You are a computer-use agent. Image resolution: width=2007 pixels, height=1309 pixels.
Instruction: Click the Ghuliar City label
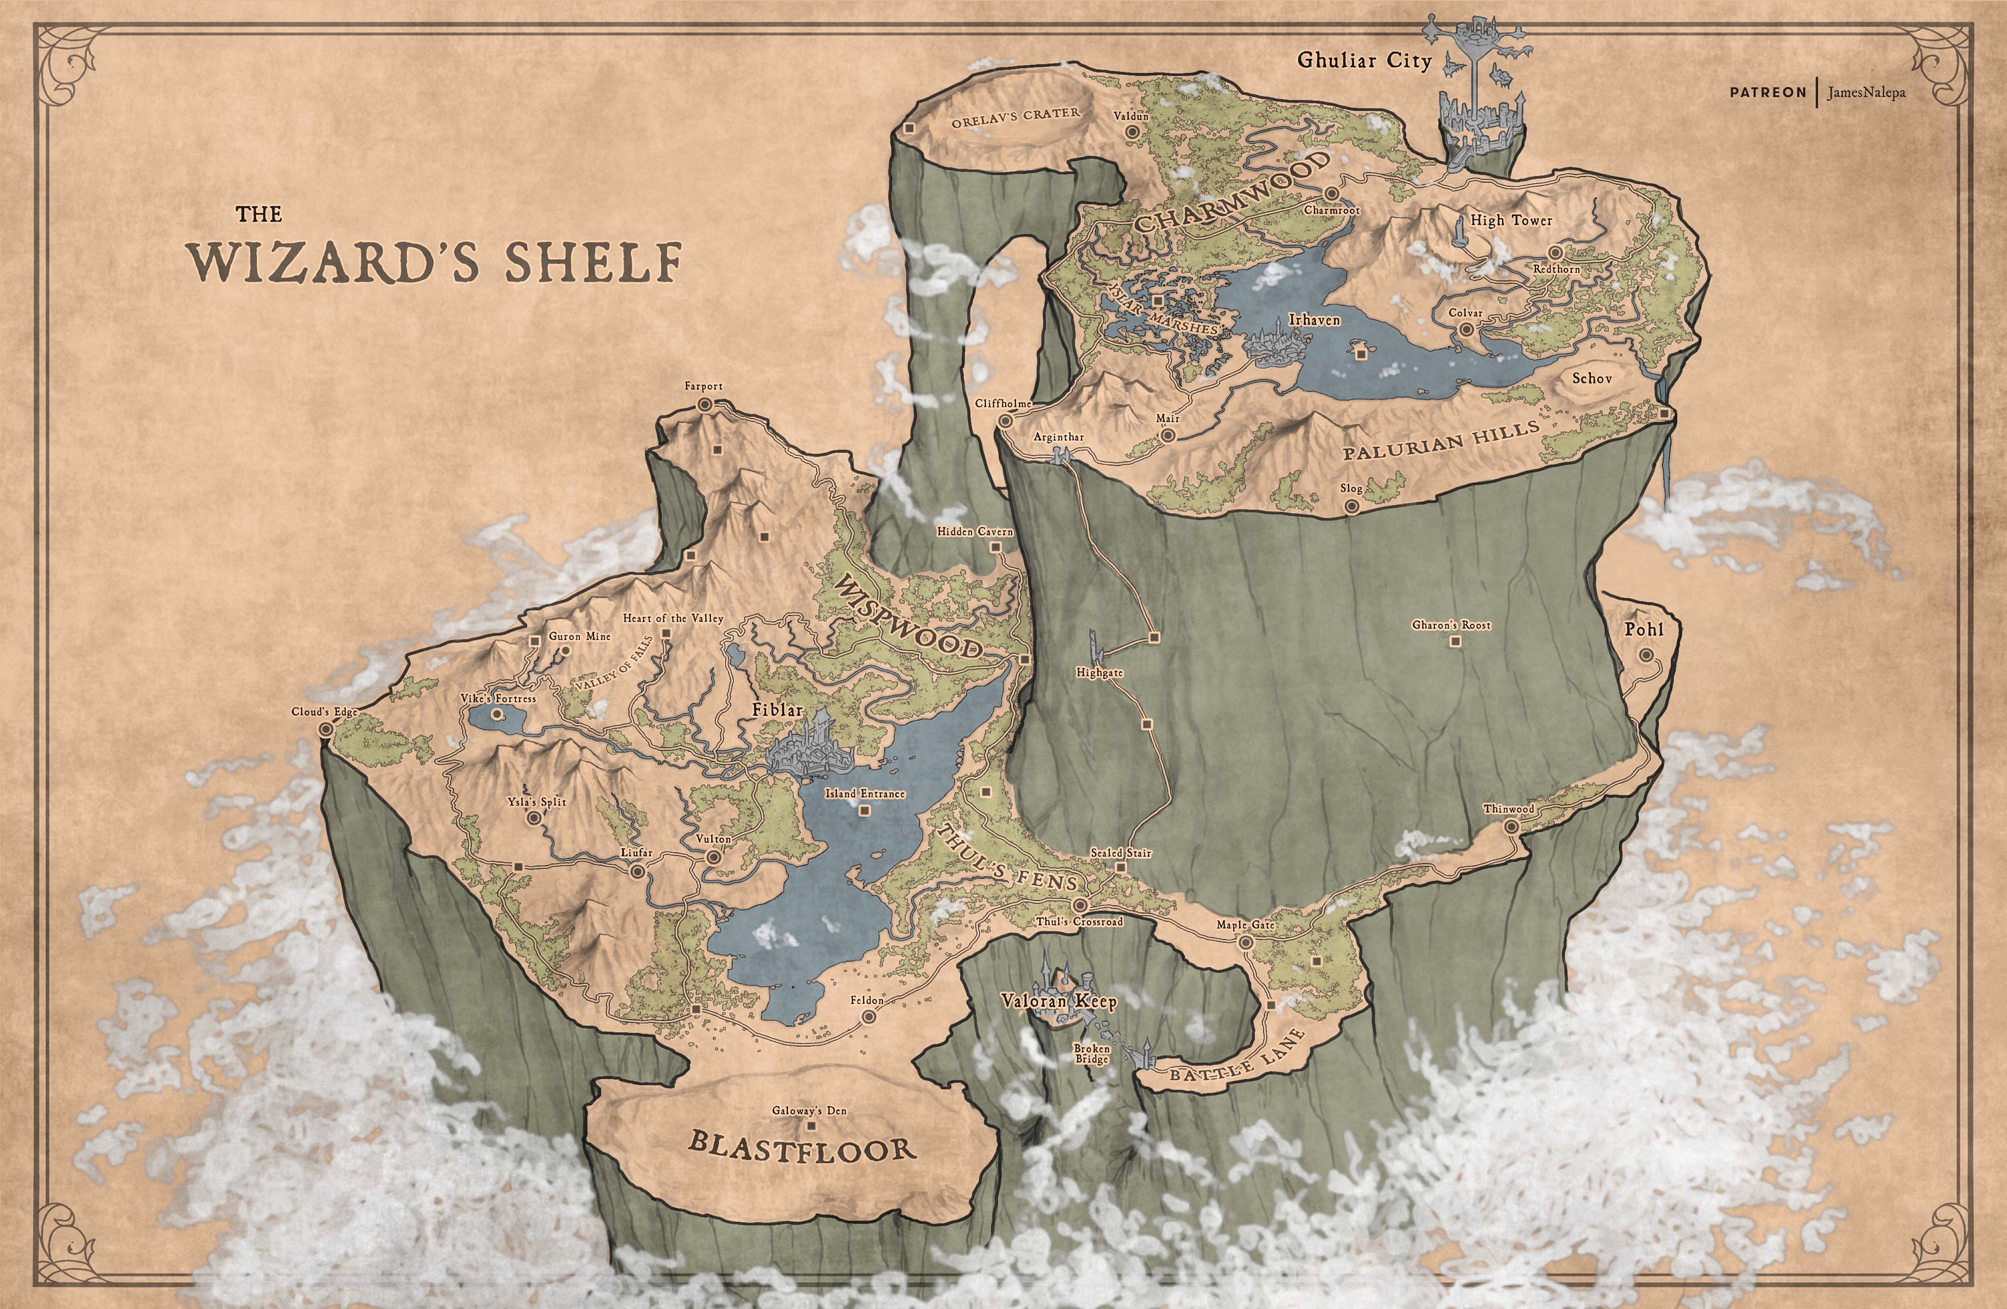click(x=1363, y=61)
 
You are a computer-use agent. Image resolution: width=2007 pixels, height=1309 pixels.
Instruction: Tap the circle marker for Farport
click(x=704, y=405)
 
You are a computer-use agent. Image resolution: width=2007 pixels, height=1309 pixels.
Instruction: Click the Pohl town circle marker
click(x=1645, y=656)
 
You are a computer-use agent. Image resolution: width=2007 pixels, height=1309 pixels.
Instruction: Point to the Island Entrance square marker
click(x=862, y=811)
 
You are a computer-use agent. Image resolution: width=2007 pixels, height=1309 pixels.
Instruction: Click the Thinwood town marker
click(x=1511, y=827)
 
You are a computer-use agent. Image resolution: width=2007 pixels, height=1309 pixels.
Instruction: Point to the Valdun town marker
click(x=1132, y=133)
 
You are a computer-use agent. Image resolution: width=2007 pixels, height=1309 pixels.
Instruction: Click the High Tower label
click(x=1511, y=220)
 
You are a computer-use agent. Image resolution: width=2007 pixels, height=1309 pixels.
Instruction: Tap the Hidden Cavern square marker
click(x=995, y=547)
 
